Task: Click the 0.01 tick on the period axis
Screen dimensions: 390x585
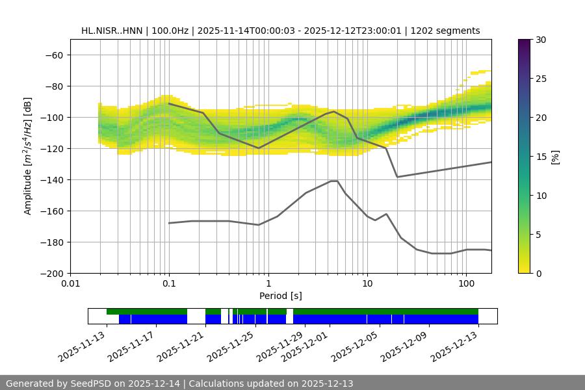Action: point(70,284)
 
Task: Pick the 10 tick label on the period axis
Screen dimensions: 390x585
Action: point(367,284)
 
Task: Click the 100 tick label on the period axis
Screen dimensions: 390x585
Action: point(465,284)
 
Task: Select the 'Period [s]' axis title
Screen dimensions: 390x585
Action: point(280,296)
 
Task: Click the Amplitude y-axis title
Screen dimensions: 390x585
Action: point(27,156)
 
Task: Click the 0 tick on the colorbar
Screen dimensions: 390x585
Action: point(539,273)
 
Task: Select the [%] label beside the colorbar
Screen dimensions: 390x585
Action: point(556,156)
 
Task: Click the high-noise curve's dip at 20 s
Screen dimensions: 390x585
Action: point(397,177)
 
